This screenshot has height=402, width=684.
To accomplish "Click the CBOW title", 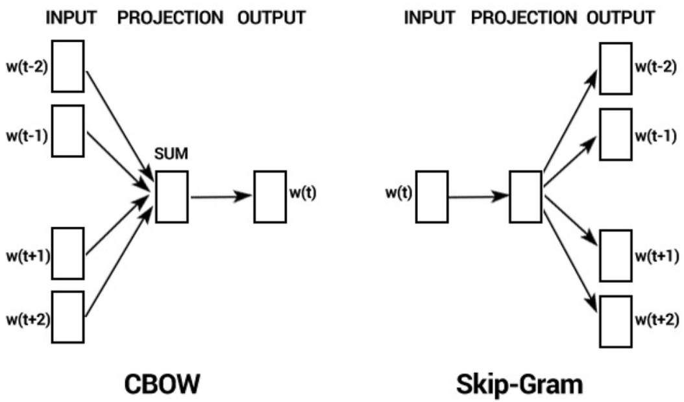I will point(160,385).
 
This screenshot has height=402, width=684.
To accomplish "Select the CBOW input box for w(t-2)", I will point(67,66).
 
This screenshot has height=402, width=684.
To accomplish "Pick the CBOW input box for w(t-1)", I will point(67,130).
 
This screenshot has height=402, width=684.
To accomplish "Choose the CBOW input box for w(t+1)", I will point(67,254).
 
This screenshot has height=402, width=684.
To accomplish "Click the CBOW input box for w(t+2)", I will point(67,317).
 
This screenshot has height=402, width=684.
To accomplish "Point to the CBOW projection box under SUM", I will point(171,196).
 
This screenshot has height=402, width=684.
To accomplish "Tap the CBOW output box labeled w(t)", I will point(270,196).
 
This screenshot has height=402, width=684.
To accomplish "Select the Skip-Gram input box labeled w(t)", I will point(431,196).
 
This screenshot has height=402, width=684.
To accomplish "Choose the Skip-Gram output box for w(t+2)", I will point(615,320).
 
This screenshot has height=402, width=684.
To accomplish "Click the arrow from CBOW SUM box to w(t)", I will point(221,196).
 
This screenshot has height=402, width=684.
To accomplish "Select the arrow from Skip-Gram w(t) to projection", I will point(478,196).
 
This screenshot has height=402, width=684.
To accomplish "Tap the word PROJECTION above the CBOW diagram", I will point(170,18).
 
